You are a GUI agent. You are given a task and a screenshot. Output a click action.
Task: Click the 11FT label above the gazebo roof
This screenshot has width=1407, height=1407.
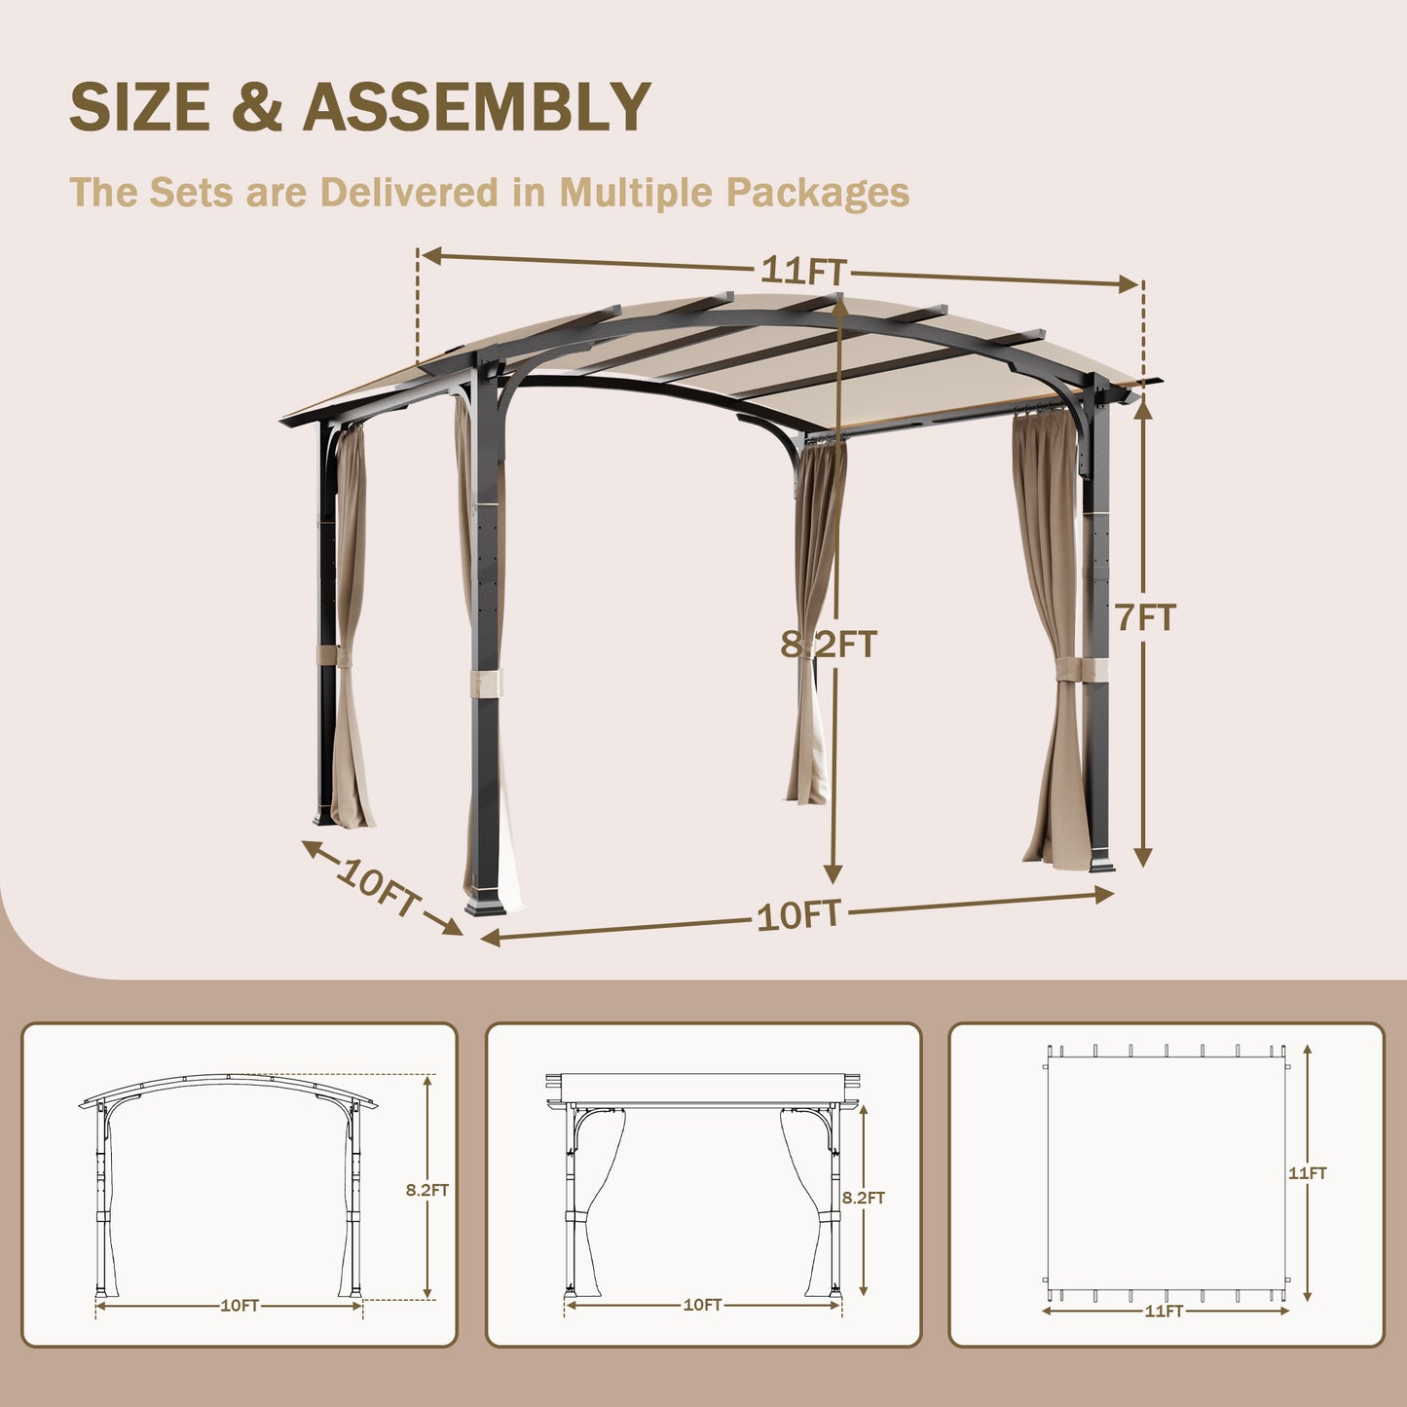(x=802, y=270)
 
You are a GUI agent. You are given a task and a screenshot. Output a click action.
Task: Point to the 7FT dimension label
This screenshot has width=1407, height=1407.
(x=1146, y=617)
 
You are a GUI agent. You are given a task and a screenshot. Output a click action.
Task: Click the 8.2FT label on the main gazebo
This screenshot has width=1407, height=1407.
(x=829, y=644)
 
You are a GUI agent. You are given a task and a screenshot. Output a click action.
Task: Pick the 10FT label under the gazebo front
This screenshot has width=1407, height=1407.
(x=798, y=915)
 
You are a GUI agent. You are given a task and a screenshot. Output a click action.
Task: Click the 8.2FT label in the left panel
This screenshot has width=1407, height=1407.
(x=427, y=1190)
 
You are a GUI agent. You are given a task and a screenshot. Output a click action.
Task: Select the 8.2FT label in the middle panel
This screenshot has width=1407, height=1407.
(x=864, y=1198)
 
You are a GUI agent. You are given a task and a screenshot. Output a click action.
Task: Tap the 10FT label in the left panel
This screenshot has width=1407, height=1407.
(x=240, y=1306)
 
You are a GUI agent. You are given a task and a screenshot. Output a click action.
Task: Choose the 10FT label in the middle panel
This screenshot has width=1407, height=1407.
(x=702, y=1305)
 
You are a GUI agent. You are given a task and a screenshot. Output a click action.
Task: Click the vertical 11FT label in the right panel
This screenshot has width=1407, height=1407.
(x=1308, y=1173)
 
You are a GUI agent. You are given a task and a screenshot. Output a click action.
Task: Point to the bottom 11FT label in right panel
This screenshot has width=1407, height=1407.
(x=1164, y=1312)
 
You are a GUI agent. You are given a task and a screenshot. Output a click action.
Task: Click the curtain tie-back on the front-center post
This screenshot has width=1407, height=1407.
(x=485, y=683)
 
